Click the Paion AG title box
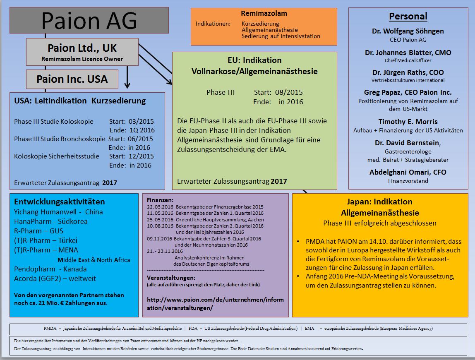coord(89,20)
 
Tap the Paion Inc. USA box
coord(72,79)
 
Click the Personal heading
coord(408,17)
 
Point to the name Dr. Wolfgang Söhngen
coord(408,31)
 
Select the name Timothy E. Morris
coord(408,122)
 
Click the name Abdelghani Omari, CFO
coord(408,172)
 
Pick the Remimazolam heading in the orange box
coord(264,14)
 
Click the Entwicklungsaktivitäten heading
coord(60,202)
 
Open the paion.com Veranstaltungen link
coord(215,303)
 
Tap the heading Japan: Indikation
coord(380,202)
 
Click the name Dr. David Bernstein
coord(408,143)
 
